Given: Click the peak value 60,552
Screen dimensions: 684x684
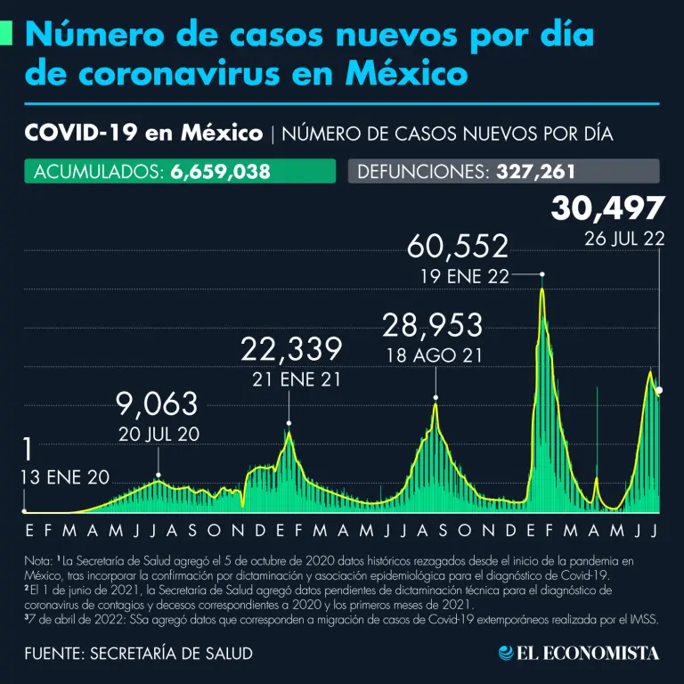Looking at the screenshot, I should click(x=459, y=247).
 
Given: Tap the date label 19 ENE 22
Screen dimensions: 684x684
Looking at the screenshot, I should click(x=464, y=276).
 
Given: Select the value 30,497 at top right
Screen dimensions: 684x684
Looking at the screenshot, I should click(x=607, y=208).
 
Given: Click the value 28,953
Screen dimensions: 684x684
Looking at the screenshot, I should click(x=433, y=325).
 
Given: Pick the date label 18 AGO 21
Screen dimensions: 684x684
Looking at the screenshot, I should click(x=434, y=354).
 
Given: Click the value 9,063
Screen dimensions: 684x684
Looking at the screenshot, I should click(x=157, y=404).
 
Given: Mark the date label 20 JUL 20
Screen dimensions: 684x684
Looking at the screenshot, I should click(x=158, y=434).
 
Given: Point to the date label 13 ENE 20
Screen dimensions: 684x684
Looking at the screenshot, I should click(x=64, y=477).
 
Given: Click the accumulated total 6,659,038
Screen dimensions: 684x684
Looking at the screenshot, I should click(x=219, y=172).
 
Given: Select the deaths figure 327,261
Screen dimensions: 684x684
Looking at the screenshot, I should click(x=531, y=172).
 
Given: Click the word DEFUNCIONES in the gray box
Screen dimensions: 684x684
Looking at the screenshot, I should click(x=419, y=172).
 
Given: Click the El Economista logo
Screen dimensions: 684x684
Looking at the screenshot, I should click(x=579, y=653).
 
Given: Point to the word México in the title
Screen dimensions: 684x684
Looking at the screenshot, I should click(x=412, y=74).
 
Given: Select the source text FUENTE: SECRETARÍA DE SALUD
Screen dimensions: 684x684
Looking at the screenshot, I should click(x=138, y=653).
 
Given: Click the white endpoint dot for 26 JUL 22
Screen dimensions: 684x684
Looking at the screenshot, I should click(x=659, y=390).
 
